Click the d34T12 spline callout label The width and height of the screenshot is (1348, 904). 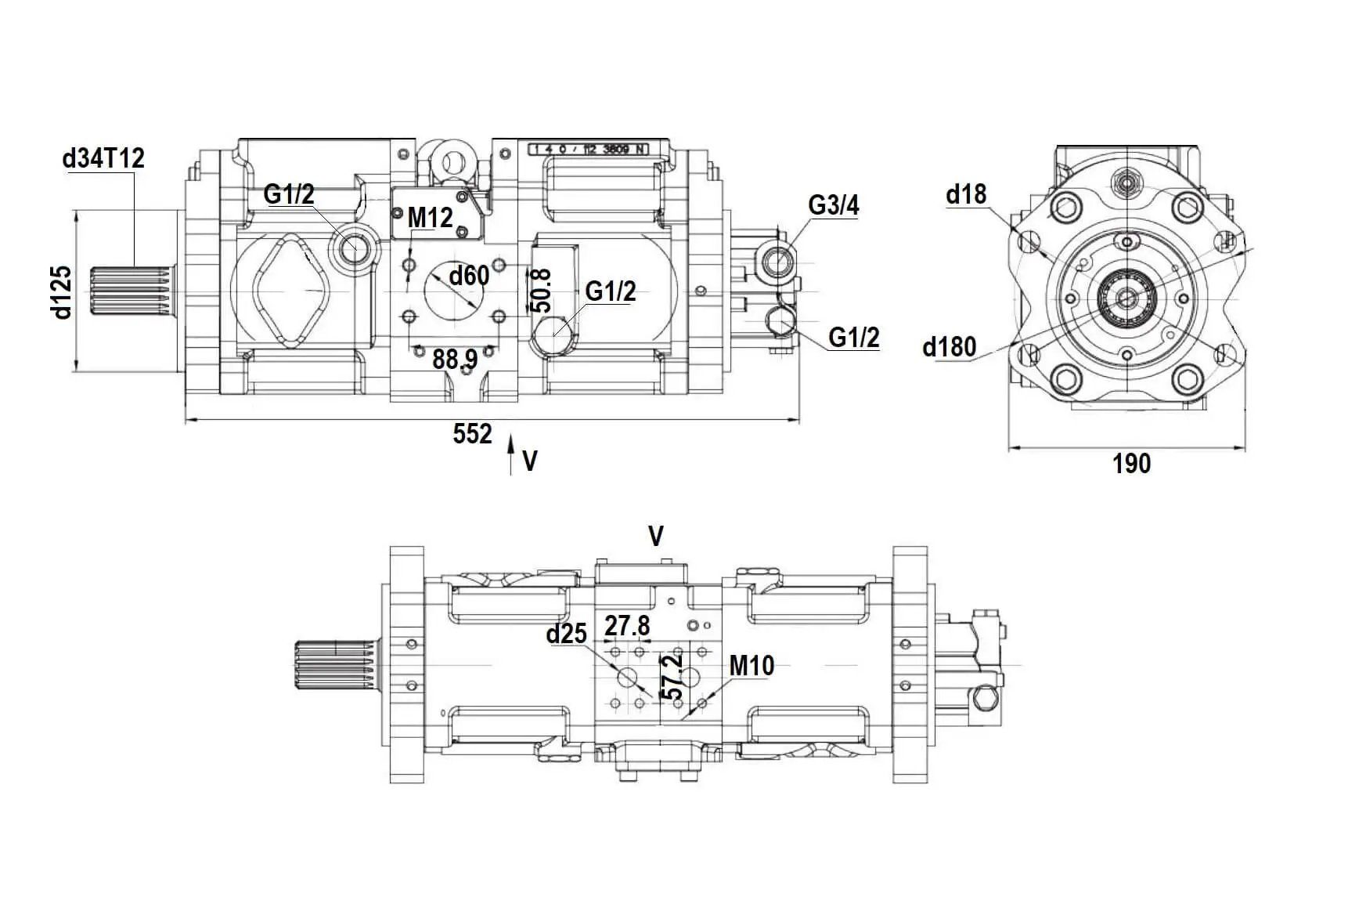point(103,159)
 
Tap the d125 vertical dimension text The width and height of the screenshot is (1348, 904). point(61,292)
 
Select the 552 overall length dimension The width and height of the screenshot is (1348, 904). point(472,433)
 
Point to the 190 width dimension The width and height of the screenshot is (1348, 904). point(1131,464)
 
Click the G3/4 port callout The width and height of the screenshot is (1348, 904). point(833,205)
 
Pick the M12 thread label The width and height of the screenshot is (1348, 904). point(430,218)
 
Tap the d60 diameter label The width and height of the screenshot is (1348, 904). point(469,276)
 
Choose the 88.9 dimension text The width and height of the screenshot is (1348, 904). point(455,360)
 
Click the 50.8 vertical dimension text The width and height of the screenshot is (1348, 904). point(541,291)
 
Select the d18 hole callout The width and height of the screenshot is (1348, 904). point(966,194)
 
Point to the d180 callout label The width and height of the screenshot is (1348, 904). point(949,346)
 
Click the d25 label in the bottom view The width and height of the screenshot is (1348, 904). point(566,634)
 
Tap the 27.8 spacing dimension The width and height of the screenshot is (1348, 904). point(627,626)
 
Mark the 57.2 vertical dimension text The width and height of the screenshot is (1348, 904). point(672,678)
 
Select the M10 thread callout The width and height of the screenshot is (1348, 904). point(751,666)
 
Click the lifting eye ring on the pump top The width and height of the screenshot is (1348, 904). point(452,163)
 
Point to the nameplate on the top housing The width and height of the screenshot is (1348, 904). point(588,149)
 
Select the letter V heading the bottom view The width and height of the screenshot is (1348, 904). point(656,537)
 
